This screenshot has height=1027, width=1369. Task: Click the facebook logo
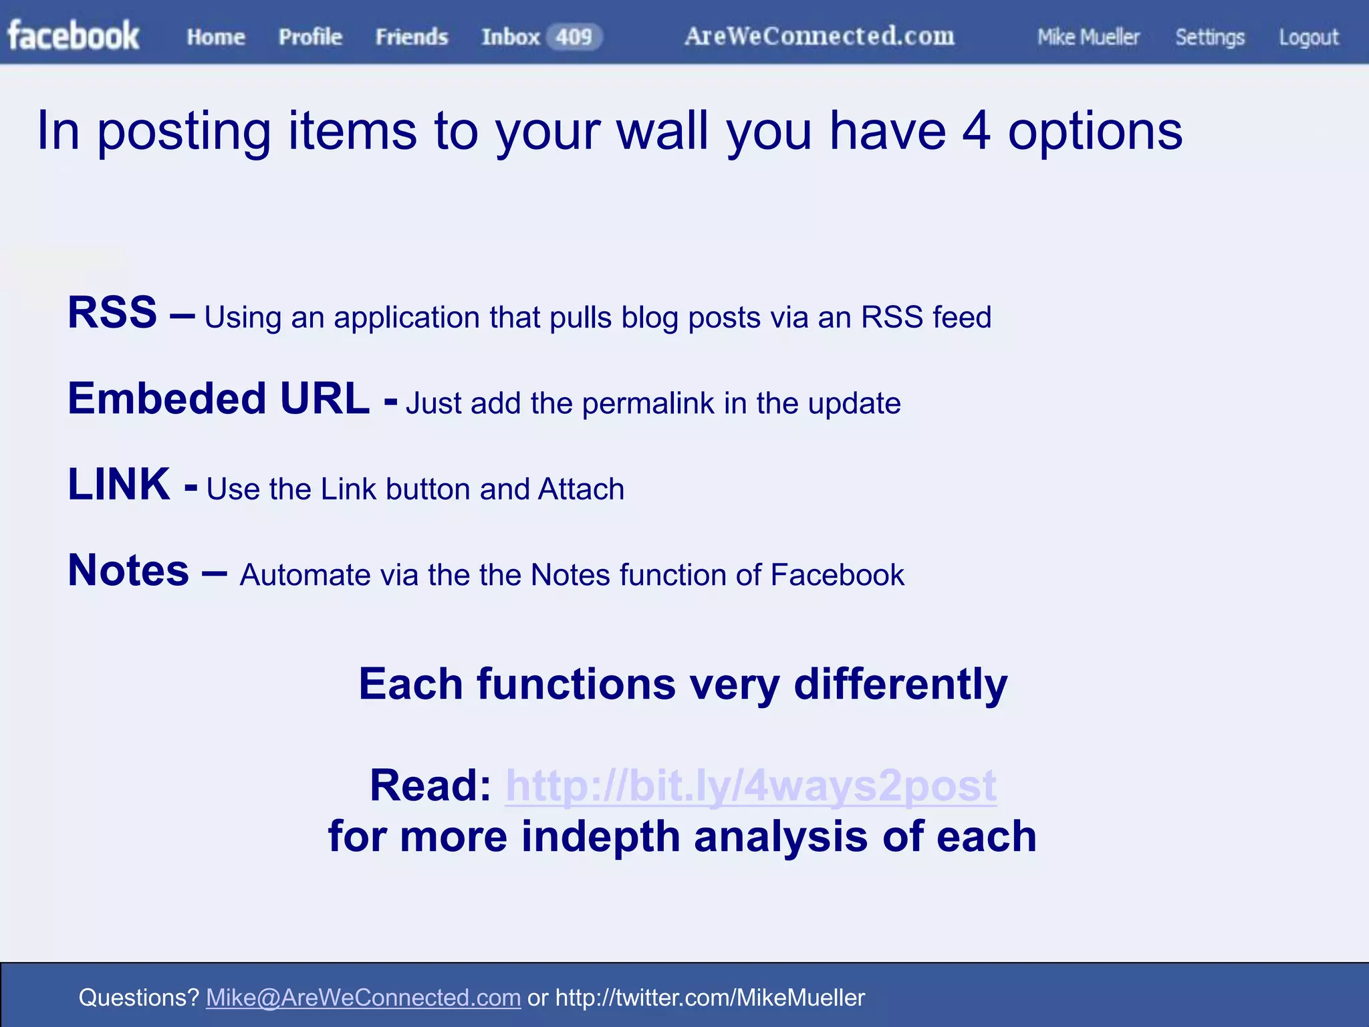pyautogui.click(x=74, y=36)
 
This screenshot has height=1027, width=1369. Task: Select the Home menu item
pyautogui.click(x=216, y=37)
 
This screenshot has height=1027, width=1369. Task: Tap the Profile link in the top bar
pyautogui.click(x=310, y=37)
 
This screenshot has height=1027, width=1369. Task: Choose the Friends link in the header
pyautogui.click(x=412, y=37)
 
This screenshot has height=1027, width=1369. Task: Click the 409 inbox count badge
pyautogui.click(x=574, y=37)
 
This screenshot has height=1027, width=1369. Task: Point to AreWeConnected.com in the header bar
pyautogui.click(x=820, y=36)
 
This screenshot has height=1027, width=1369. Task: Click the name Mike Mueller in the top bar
pyautogui.click(x=1088, y=37)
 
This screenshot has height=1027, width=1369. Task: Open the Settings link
pyautogui.click(x=1210, y=37)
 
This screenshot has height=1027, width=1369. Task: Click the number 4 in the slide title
pyautogui.click(x=976, y=131)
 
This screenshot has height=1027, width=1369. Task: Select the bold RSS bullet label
pyautogui.click(x=112, y=312)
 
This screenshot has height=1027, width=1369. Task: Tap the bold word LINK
pyautogui.click(x=119, y=484)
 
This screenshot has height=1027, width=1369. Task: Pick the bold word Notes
pyautogui.click(x=128, y=570)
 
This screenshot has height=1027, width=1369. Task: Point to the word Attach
pyautogui.click(x=581, y=489)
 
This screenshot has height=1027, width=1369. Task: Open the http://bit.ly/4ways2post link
pyautogui.click(x=751, y=785)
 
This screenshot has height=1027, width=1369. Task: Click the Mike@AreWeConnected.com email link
pyautogui.click(x=363, y=998)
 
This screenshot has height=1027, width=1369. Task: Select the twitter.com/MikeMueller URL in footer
pyautogui.click(x=710, y=998)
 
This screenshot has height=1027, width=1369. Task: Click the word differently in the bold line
pyautogui.click(x=900, y=685)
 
